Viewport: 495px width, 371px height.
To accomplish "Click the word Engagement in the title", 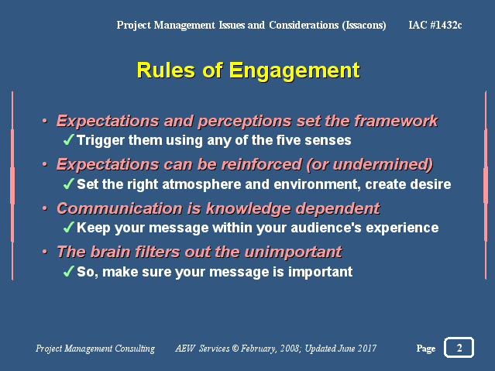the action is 294,71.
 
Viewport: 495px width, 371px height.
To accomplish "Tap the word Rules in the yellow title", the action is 166,70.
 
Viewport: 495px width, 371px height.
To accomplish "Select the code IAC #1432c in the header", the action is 435,25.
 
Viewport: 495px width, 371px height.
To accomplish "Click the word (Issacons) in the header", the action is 364,26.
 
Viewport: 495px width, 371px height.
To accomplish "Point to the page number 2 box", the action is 459,347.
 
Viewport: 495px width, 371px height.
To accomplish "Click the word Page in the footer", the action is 426,349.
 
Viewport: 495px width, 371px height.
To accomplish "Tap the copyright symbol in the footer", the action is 235,349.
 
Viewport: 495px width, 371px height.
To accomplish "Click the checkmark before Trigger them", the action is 68,139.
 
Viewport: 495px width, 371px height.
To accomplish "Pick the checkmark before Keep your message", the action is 68,227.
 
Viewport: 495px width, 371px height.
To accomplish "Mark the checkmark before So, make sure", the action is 68,271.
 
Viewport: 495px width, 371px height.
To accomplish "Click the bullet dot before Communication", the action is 45,208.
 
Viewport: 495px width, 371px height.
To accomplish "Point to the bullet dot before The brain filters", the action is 45,252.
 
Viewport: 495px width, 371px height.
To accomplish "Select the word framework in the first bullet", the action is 396,121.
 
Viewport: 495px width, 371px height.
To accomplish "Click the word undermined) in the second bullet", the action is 383,165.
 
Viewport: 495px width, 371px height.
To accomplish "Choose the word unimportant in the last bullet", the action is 293,252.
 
